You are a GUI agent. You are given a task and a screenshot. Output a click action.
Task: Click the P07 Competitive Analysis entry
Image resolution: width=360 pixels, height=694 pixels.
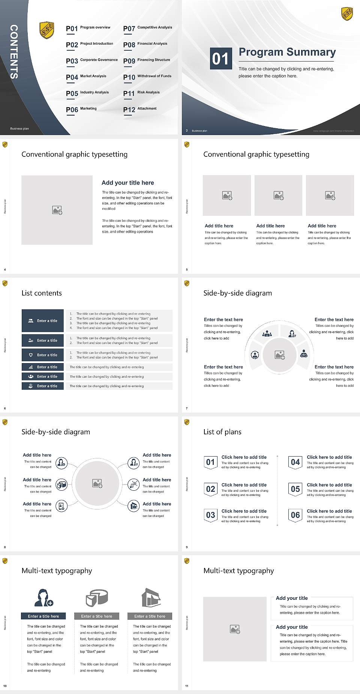point(147,28)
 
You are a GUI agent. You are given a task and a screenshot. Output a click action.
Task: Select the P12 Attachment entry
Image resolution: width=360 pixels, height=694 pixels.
point(140,109)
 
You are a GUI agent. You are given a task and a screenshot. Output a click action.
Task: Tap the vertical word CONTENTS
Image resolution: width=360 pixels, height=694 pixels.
point(13,52)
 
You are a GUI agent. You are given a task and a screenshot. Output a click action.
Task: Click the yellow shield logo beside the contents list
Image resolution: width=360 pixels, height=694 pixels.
point(47,30)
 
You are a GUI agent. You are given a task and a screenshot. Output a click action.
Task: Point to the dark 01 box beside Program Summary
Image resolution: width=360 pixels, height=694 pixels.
point(220,59)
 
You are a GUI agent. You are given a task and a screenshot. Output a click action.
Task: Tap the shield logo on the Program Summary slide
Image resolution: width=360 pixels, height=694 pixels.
point(347,14)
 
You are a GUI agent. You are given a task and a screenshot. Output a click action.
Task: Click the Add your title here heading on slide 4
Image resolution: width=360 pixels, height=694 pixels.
point(127,183)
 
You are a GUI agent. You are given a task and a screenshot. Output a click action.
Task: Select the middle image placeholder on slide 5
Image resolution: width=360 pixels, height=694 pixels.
point(278,195)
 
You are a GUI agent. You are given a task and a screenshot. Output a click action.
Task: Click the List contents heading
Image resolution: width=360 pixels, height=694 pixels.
point(42,293)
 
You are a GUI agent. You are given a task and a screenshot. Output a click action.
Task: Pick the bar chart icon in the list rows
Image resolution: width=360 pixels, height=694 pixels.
point(31,367)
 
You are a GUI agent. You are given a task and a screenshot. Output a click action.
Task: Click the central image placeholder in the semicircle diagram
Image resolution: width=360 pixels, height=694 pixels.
point(279,355)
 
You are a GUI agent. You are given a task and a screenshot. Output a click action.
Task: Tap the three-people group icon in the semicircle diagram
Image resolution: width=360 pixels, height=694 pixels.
point(267,333)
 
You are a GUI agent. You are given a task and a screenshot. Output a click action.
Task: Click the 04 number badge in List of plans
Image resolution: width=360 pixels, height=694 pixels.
point(295,462)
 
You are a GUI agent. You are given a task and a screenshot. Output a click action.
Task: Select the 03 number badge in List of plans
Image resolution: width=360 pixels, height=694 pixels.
point(210,515)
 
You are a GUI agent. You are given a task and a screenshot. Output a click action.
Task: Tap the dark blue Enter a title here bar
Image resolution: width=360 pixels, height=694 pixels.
point(43,616)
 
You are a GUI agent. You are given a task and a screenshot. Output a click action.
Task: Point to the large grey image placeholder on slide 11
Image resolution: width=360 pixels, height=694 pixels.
point(235,629)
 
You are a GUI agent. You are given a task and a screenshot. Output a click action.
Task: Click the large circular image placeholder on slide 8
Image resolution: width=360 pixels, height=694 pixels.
point(97,484)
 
